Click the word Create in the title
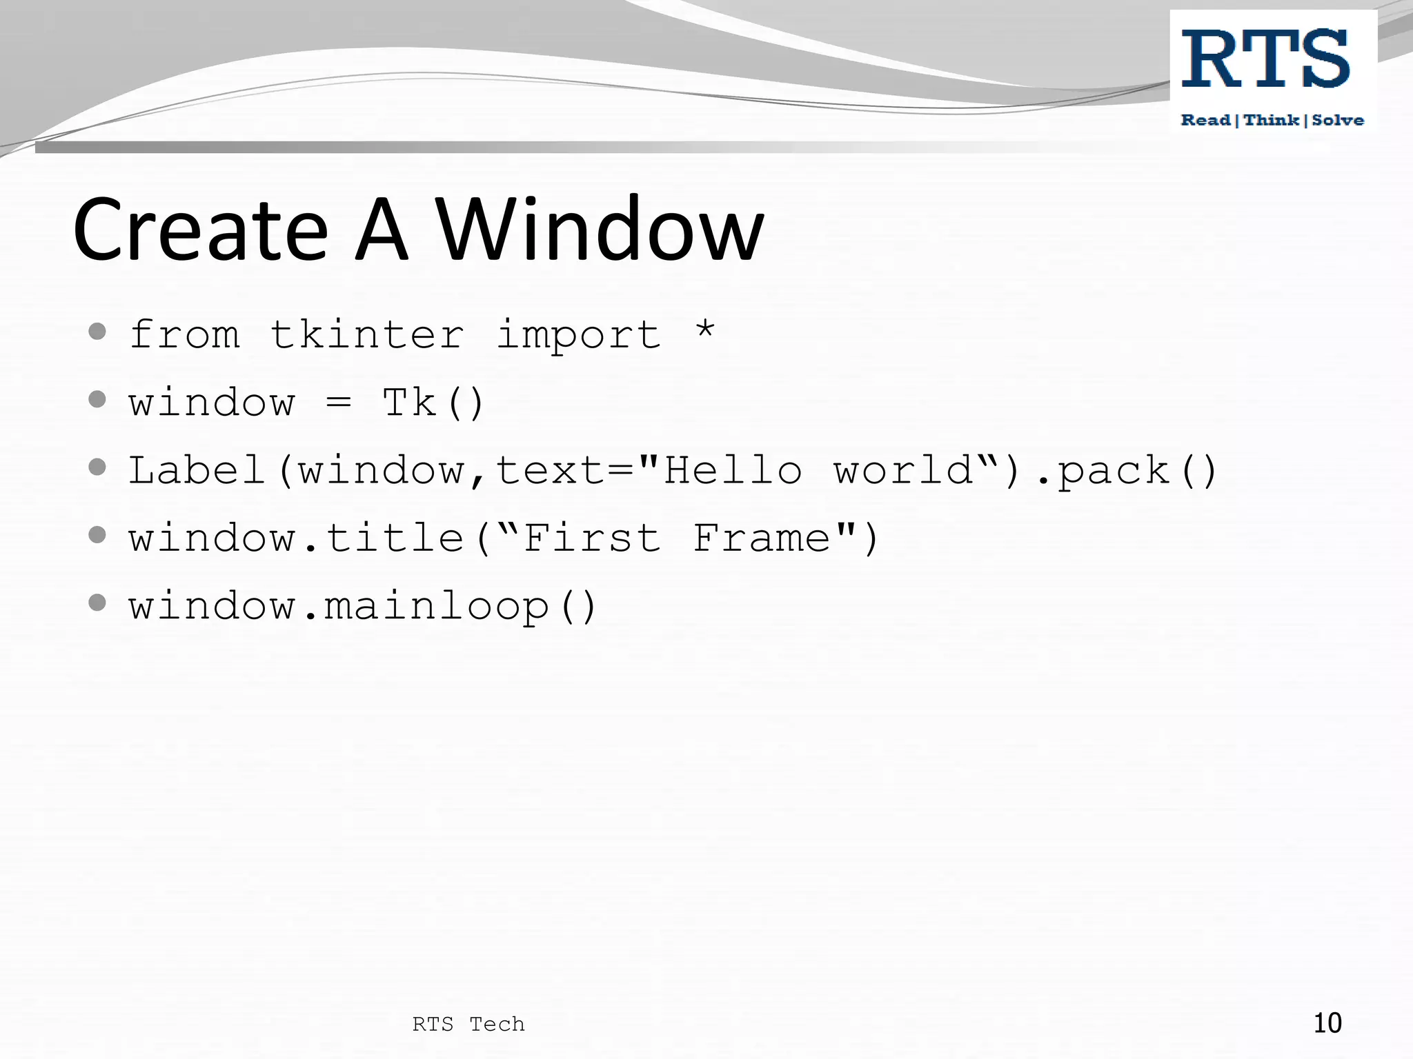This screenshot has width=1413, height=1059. point(200,230)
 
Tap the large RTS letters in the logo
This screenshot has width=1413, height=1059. point(1265,59)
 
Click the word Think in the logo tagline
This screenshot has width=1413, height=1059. point(1272,121)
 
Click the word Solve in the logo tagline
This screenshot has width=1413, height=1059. point(1337,121)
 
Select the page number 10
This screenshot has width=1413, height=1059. point(1327,1023)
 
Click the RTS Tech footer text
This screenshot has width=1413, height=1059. point(468,1025)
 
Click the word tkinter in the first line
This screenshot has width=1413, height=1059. point(366,336)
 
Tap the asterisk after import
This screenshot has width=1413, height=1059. point(704,330)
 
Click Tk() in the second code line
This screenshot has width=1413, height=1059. point(433,403)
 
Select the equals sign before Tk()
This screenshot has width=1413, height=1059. point(338,403)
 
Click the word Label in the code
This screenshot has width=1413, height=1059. point(197,471)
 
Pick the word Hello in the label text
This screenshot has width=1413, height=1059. point(733,471)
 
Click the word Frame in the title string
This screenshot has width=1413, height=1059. point(762,538)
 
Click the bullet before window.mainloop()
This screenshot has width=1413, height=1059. point(97,603)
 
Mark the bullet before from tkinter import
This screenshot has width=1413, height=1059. point(97,332)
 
